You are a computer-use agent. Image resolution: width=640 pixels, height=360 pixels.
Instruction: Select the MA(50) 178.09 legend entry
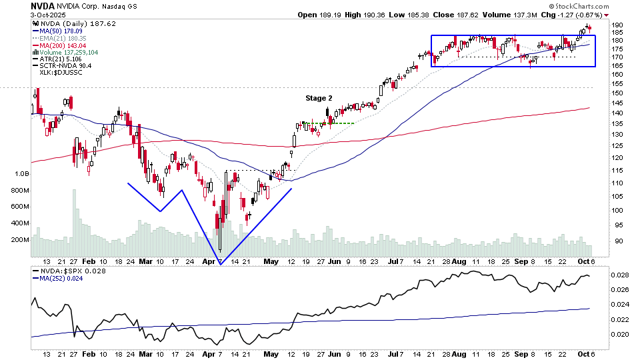click(x=62, y=30)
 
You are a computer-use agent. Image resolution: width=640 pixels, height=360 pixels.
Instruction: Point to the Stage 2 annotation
click(x=319, y=99)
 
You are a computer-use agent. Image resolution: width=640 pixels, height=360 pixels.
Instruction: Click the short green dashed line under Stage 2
click(x=342, y=123)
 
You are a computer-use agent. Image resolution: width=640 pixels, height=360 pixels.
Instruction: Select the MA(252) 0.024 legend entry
click(x=63, y=279)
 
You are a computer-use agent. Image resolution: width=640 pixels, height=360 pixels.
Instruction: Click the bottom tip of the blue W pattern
click(x=220, y=264)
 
